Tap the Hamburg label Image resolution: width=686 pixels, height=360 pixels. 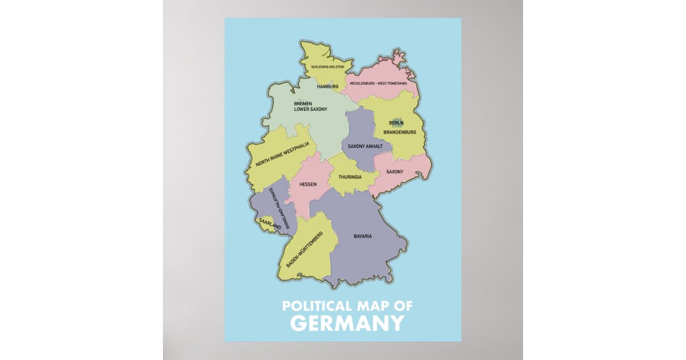(x=328, y=87)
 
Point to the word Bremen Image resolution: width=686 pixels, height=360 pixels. (x=303, y=103)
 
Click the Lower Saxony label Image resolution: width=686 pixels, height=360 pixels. (x=310, y=109)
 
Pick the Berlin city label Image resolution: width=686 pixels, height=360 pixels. (x=396, y=123)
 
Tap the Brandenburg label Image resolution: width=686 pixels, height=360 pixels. (x=400, y=133)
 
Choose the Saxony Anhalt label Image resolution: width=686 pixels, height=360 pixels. (x=365, y=146)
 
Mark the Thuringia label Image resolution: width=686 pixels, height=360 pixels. (x=350, y=177)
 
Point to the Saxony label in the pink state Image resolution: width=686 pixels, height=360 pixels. (x=394, y=172)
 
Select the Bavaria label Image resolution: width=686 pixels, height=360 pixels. (x=363, y=236)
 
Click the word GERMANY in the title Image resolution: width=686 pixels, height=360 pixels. (x=347, y=323)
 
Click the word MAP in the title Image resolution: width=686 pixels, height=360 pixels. (x=374, y=306)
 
